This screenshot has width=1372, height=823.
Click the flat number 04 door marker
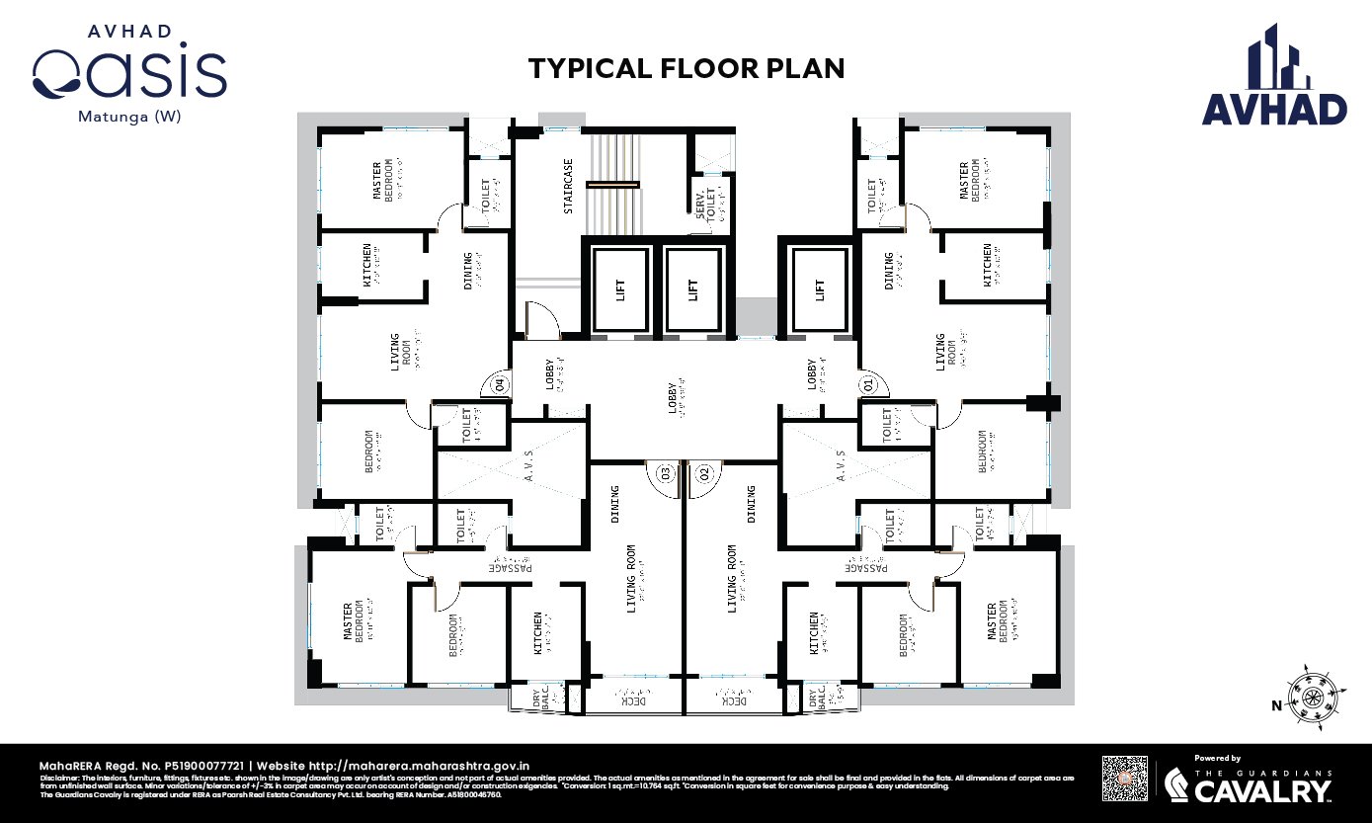click(x=499, y=384)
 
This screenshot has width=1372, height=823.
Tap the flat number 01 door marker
click(x=868, y=383)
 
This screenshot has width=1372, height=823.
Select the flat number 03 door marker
click(x=665, y=473)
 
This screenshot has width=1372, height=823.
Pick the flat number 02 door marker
click(x=704, y=473)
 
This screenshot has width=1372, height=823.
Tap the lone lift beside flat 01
click(x=818, y=288)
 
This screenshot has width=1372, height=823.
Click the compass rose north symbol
click(x=1312, y=697)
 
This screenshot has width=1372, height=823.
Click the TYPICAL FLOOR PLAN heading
click(x=686, y=68)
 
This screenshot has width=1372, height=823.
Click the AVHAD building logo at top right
click(x=1274, y=77)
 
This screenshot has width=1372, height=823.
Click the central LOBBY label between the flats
click(x=675, y=397)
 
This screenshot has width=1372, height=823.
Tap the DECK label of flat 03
click(x=633, y=700)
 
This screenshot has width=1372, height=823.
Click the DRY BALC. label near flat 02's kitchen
click(x=816, y=698)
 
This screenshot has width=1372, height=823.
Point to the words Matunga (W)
click(x=129, y=116)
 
